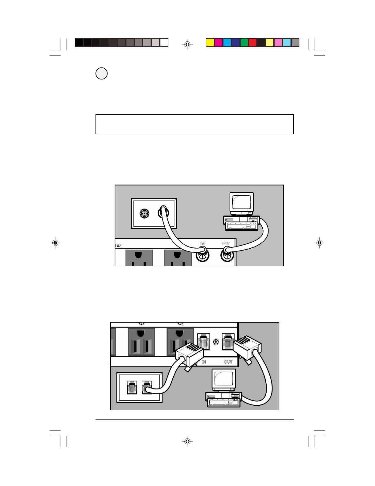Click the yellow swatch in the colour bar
click(x=210, y=43)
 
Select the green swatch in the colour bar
click(x=244, y=43)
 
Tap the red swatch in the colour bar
click(x=253, y=43)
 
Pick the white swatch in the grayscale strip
click(x=164, y=43)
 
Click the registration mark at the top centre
click(x=187, y=44)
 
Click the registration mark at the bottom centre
click(x=187, y=441)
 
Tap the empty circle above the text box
click(x=102, y=73)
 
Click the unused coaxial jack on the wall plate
click(x=144, y=214)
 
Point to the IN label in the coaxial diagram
click(x=202, y=243)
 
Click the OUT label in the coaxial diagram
click(x=226, y=243)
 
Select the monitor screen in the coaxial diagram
click(x=242, y=202)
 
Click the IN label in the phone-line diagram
click(x=204, y=362)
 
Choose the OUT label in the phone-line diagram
click(x=228, y=362)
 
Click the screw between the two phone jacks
click(x=216, y=342)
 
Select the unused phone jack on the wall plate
click(x=132, y=387)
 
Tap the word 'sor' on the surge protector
click(x=118, y=245)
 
